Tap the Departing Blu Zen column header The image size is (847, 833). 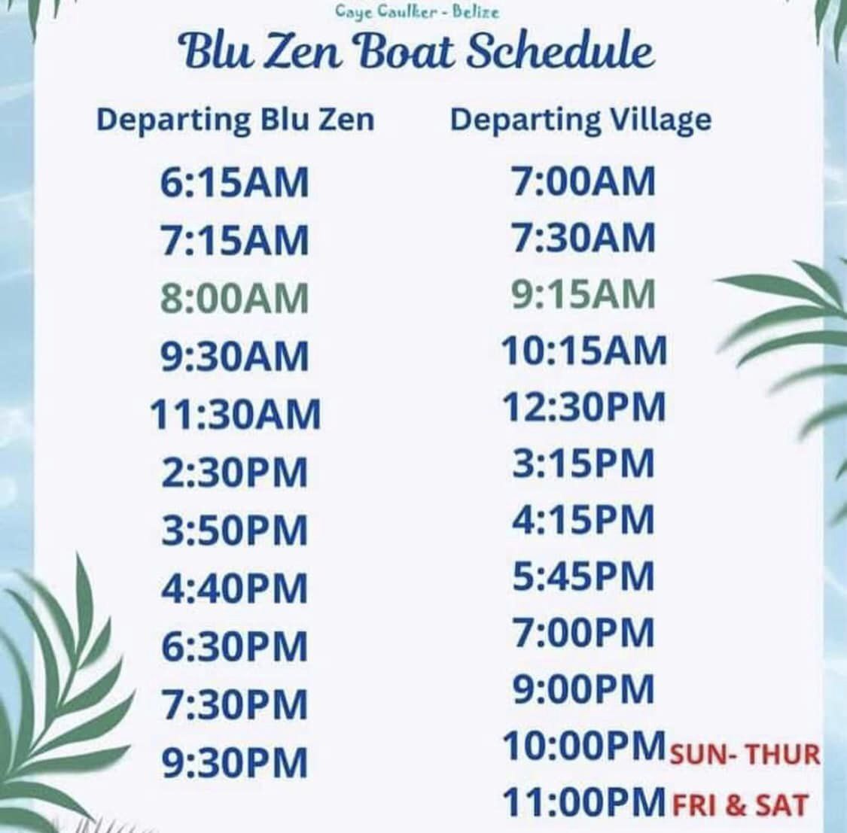pos(236,120)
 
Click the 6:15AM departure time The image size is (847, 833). pos(234,182)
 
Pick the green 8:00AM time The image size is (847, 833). pos(234,299)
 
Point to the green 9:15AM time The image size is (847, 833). pos(583,294)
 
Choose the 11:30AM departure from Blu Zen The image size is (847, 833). pos(235,415)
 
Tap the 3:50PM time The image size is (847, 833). pos(234,531)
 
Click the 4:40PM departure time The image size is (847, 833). pos(234,588)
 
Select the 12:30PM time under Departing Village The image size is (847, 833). pos(584,406)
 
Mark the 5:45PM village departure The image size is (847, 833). pos(583,576)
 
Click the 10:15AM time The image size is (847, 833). pos(584,351)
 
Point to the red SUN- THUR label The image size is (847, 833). pos(745,754)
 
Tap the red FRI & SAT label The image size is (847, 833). pos(739,805)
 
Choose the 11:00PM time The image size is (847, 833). pos(584,801)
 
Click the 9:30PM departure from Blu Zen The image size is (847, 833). pos(234,762)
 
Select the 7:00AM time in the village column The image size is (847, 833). pos(583,181)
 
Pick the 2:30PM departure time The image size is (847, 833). pos(234,473)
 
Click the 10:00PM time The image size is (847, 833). pos(584,746)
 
